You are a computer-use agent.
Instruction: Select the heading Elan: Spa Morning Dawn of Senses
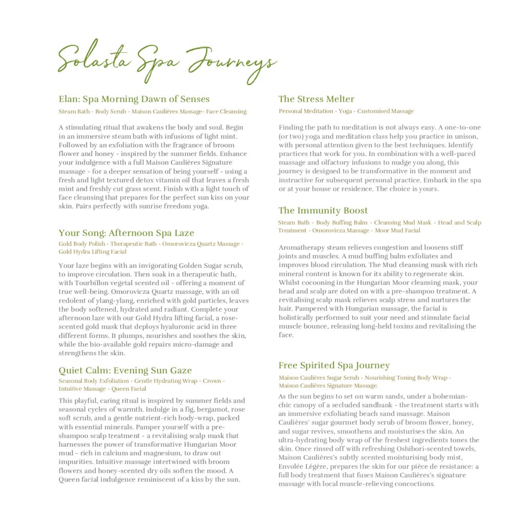[x=134, y=99]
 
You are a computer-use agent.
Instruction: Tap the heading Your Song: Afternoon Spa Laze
[x=126, y=233]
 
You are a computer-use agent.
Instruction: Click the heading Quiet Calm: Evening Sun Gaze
[x=125, y=370]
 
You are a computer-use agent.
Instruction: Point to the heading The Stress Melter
[x=316, y=99]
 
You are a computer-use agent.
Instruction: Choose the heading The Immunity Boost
[x=323, y=210]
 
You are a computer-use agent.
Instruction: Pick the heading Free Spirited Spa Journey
[x=334, y=365]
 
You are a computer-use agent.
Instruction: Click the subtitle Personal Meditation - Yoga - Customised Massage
[x=346, y=111]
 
